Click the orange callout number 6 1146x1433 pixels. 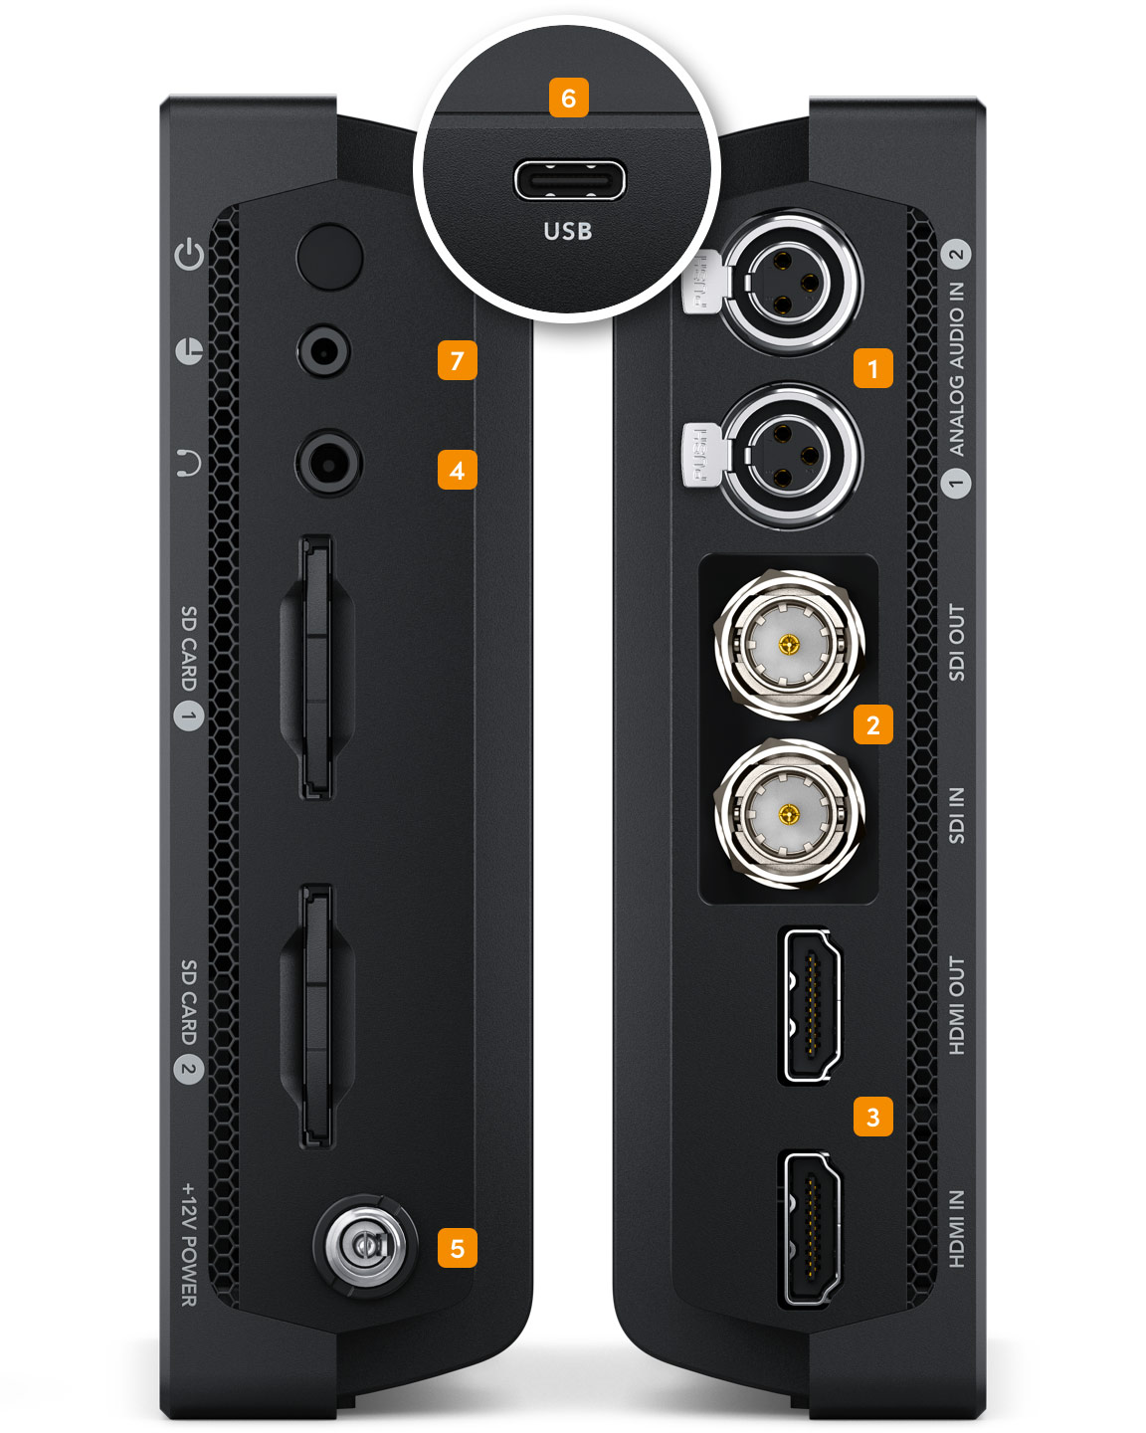point(568,98)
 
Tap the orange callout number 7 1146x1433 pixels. point(457,360)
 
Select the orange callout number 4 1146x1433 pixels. point(457,470)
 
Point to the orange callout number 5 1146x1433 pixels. point(457,1248)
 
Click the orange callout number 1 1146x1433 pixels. point(873,367)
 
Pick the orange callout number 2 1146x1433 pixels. point(873,724)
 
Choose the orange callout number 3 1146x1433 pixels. point(873,1116)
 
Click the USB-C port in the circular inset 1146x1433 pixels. point(569,180)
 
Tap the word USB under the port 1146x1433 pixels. point(568,231)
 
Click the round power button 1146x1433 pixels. point(329,256)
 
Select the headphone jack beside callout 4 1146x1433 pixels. point(328,463)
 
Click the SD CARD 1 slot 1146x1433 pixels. point(317,667)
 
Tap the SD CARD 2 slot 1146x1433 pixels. point(317,1016)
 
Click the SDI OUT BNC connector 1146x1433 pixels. point(789,645)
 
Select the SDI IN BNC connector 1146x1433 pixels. point(789,813)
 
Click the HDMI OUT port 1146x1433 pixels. point(811,1006)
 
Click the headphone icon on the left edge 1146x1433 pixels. point(189,462)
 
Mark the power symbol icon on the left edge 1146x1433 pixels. point(189,254)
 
